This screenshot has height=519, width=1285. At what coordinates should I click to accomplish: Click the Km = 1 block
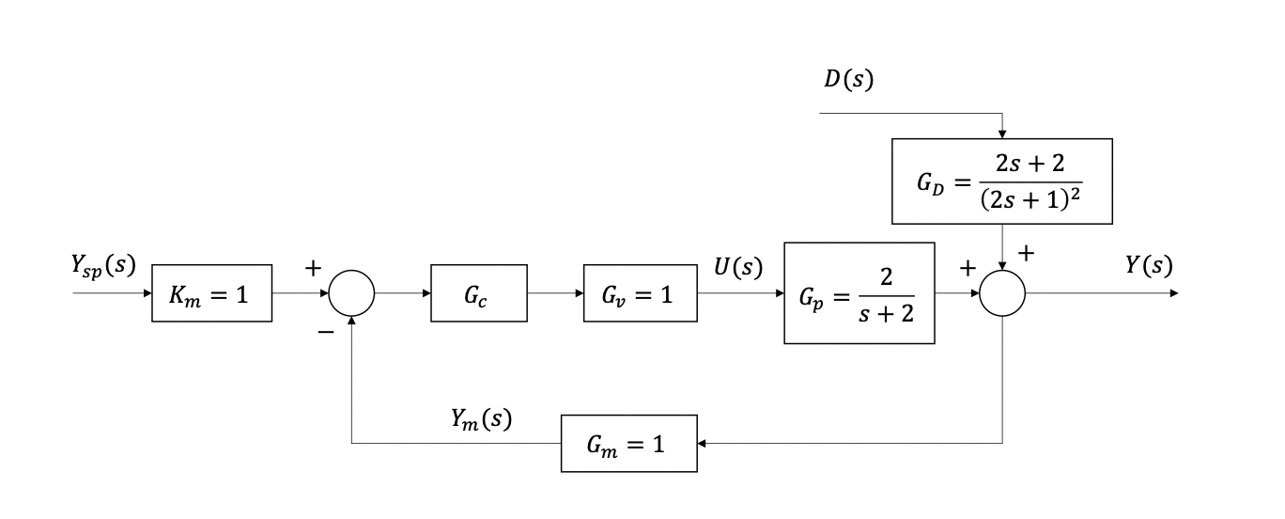point(212,293)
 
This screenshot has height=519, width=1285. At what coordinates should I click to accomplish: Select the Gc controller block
point(479,293)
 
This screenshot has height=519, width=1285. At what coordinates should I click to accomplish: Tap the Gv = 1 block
point(640,293)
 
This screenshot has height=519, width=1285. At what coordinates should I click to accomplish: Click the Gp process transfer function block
point(859,293)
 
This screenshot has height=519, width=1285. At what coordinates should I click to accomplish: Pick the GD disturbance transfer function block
point(1001,181)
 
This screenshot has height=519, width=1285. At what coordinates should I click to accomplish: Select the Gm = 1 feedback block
point(628,443)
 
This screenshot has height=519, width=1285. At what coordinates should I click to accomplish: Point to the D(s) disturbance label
point(848,80)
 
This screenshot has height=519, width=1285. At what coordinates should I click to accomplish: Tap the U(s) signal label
point(735,267)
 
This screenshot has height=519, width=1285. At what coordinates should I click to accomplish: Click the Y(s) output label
point(1148,267)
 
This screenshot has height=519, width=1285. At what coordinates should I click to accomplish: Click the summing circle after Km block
point(351,293)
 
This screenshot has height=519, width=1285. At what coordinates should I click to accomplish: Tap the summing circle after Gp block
point(1002,293)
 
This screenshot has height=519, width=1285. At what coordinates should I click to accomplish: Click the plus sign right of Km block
point(312,268)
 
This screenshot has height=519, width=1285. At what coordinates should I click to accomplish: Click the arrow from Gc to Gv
point(555,293)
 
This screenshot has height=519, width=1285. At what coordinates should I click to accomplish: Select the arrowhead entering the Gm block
point(704,443)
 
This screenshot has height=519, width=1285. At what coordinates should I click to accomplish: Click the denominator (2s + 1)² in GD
point(1030,200)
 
